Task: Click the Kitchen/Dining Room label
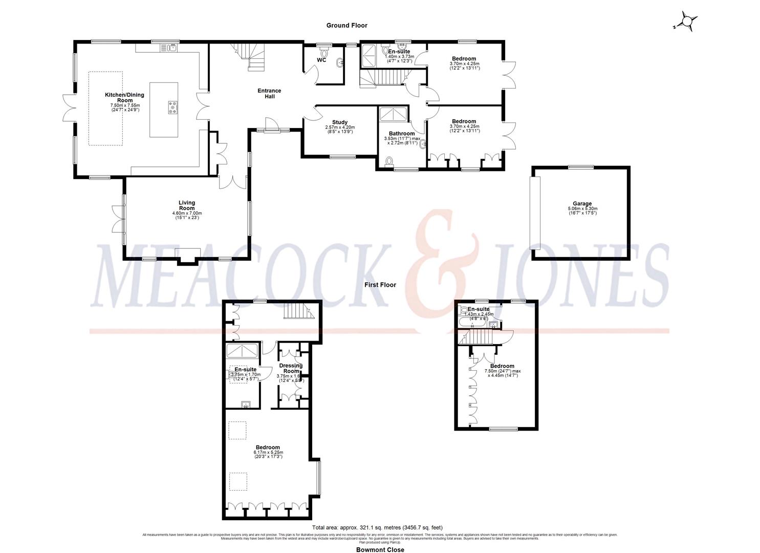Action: pos(124,97)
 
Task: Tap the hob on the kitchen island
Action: pos(172,108)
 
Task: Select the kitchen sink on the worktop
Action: pos(168,48)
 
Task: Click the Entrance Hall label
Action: pos(269,93)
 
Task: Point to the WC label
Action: pos(321,60)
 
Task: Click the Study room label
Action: pos(340,122)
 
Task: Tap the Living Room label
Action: pos(187,205)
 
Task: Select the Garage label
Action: pos(582,203)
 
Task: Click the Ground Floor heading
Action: pos(347,25)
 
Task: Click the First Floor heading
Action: pos(380,285)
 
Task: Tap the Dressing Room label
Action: pos(291,368)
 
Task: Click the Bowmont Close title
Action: pos(380,549)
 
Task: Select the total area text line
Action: pos(377,527)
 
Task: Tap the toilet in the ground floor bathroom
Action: pos(388,162)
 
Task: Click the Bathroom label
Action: pos(402,134)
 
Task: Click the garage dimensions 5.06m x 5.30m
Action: pos(582,209)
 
